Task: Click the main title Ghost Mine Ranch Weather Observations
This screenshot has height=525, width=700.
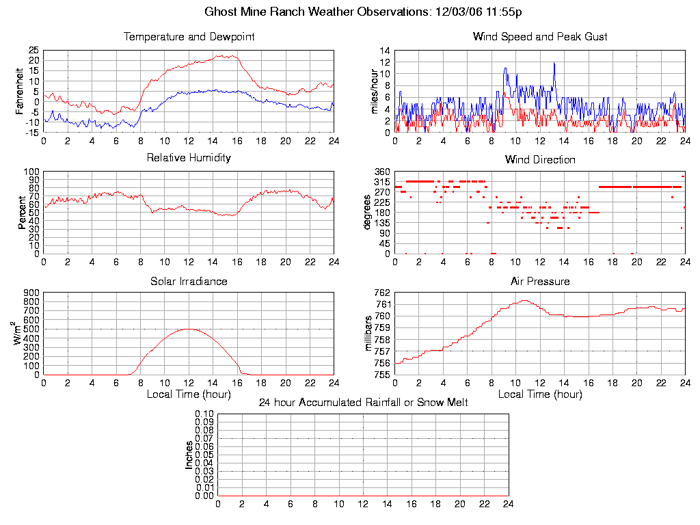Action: (364, 12)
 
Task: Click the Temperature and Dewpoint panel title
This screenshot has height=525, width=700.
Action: (189, 37)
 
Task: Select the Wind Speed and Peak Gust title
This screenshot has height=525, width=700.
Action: (540, 37)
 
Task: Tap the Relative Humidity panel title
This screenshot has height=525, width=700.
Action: (189, 158)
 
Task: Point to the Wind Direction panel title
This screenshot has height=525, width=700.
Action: (540, 160)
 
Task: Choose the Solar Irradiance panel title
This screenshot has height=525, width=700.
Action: (189, 281)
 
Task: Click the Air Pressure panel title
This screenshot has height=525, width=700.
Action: (540, 281)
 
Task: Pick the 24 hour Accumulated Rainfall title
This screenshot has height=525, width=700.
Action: (363, 403)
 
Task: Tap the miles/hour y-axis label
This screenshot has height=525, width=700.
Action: (373, 91)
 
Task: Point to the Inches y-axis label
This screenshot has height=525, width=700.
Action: (189, 455)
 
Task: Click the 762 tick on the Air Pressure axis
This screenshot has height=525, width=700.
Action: (382, 293)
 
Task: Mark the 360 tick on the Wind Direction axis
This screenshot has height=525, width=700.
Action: (382, 172)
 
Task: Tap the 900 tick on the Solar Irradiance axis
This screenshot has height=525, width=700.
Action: (31, 293)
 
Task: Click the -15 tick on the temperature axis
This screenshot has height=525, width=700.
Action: (32, 133)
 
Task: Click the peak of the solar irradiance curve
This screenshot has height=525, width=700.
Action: (189, 329)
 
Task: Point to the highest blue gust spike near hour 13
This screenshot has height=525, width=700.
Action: (554, 63)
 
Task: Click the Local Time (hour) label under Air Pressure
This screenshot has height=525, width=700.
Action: (540, 394)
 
